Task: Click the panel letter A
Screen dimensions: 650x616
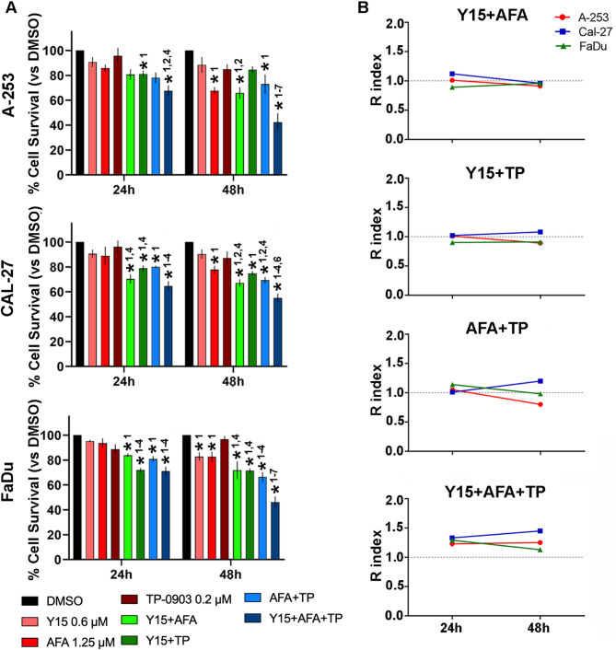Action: [8, 9]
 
